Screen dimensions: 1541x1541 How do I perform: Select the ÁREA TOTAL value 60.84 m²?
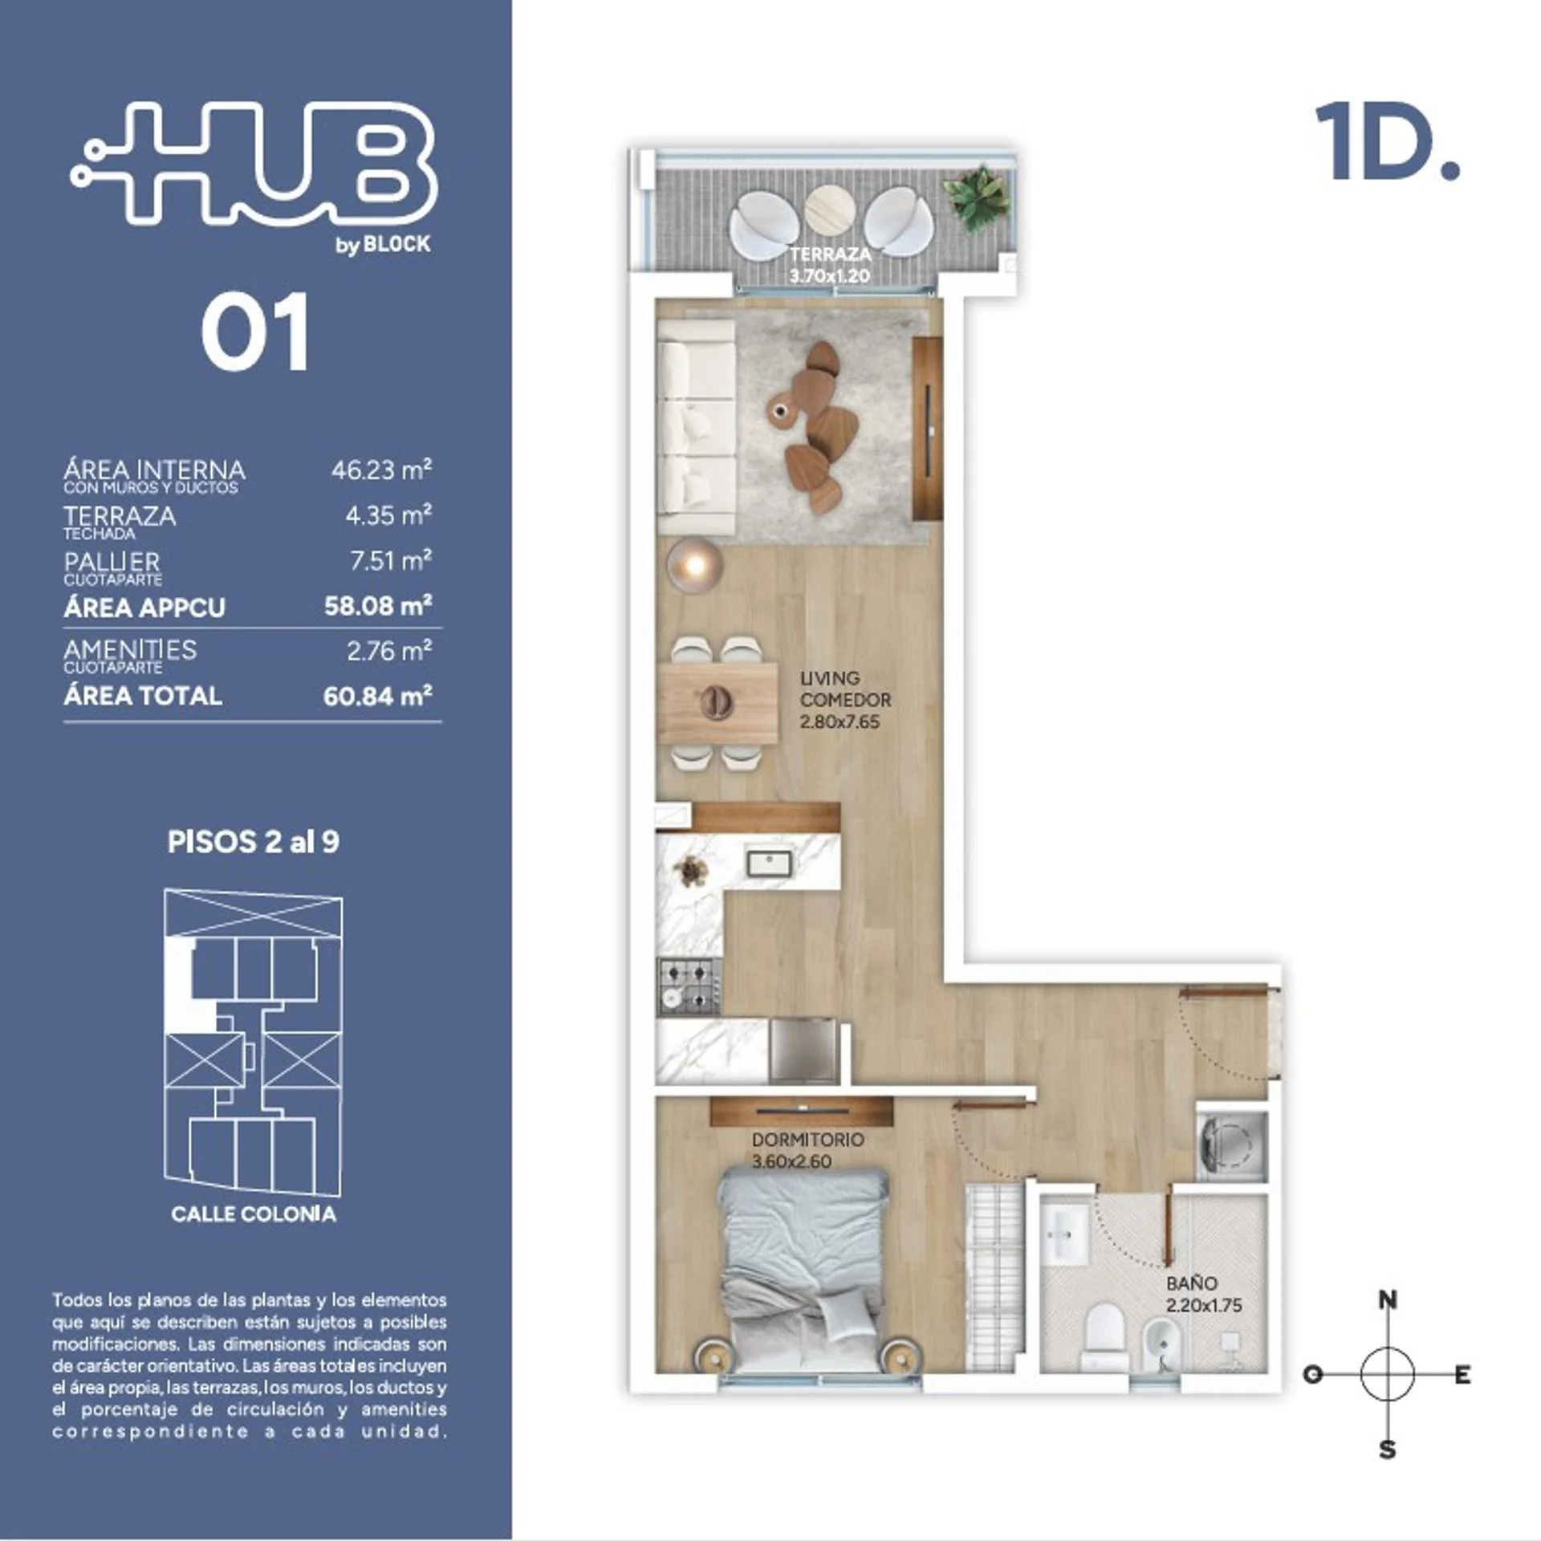pos(377,695)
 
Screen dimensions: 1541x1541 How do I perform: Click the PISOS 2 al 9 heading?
pos(254,842)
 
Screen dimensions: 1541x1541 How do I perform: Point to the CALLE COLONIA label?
pos(254,1213)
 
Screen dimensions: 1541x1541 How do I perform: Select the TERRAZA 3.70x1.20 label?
pos(830,265)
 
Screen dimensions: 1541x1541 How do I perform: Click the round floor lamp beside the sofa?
pos(695,564)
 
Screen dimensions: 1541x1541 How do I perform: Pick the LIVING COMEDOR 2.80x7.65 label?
pos(844,699)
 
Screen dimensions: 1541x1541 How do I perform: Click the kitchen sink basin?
pos(770,864)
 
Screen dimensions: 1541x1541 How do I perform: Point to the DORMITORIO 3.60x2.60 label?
pos(807,1150)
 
